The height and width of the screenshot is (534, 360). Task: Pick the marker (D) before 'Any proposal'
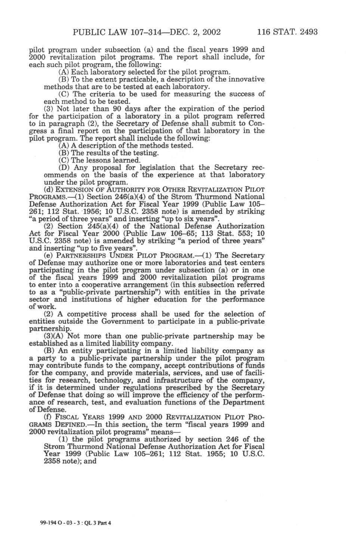click(65, 167)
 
